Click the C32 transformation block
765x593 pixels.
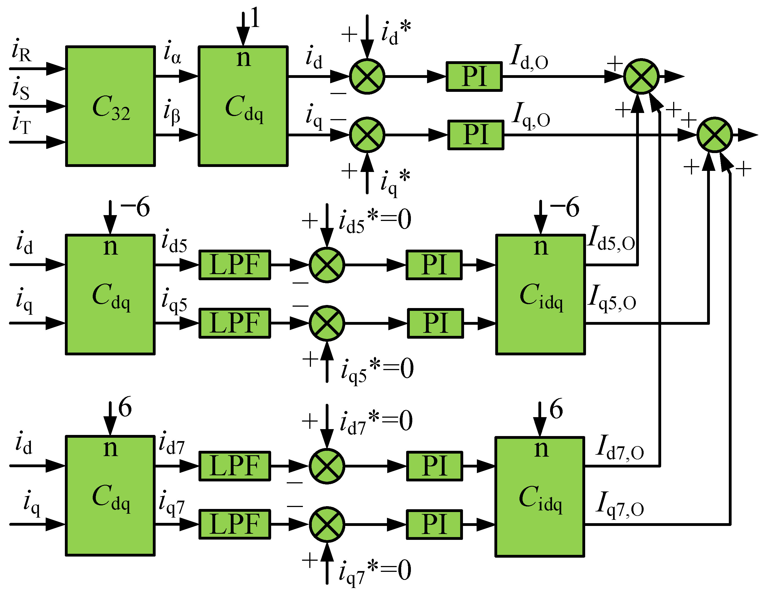point(110,106)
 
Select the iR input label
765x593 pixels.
point(21,51)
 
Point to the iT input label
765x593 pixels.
point(21,123)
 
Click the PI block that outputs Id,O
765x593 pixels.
point(474,77)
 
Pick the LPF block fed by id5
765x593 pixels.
point(235,265)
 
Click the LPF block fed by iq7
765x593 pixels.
point(235,524)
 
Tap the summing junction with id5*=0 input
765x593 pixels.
point(327,265)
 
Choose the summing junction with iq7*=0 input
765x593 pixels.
point(327,524)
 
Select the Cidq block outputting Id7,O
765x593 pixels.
point(540,496)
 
